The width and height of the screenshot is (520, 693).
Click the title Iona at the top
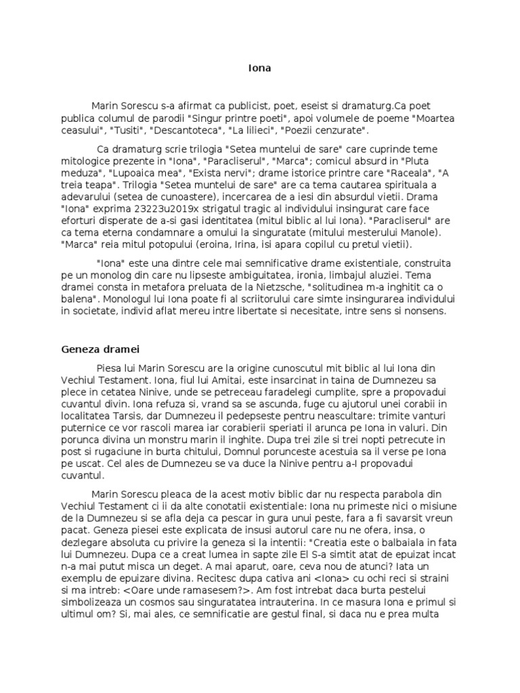click(259, 68)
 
